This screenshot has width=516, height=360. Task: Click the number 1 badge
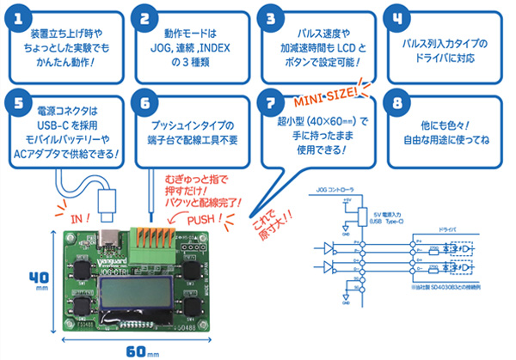tap(19, 18)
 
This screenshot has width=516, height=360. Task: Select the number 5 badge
tap(19, 102)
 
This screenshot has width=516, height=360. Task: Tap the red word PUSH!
tap(206, 218)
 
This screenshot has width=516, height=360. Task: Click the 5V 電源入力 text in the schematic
tap(392, 212)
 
